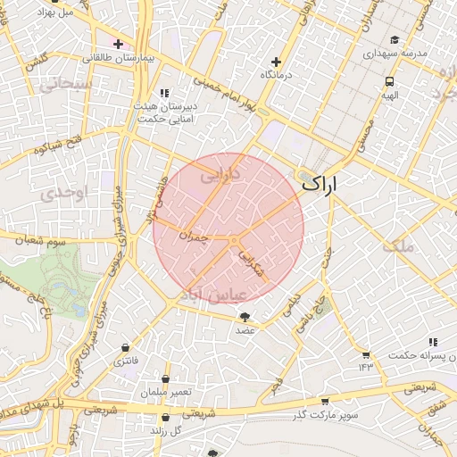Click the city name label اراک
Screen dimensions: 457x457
(x=321, y=185)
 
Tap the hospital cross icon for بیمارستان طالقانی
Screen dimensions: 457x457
(x=118, y=44)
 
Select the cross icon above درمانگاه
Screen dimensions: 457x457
(x=276, y=62)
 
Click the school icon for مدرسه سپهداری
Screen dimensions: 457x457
(x=395, y=40)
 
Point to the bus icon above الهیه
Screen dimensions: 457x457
(x=389, y=79)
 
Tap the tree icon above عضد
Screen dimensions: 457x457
(x=245, y=317)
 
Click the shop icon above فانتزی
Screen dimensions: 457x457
(x=124, y=347)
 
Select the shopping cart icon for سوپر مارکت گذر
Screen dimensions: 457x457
(x=324, y=402)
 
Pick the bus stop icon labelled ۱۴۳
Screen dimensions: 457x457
(x=365, y=354)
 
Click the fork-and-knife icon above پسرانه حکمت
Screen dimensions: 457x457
(x=433, y=342)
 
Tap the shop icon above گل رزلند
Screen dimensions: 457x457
(x=165, y=417)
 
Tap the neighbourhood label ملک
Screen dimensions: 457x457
(x=398, y=245)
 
